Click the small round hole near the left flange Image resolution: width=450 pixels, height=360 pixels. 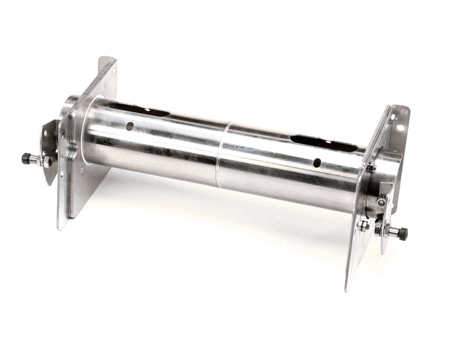[130, 126]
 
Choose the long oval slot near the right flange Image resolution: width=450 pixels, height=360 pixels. [323, 142]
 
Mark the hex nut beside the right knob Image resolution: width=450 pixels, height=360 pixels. [379, 229]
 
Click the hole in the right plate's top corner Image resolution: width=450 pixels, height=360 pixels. [400, 127]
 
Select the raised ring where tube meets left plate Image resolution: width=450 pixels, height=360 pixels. [85, 135]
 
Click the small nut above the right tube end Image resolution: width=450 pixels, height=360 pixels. [370, 168]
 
